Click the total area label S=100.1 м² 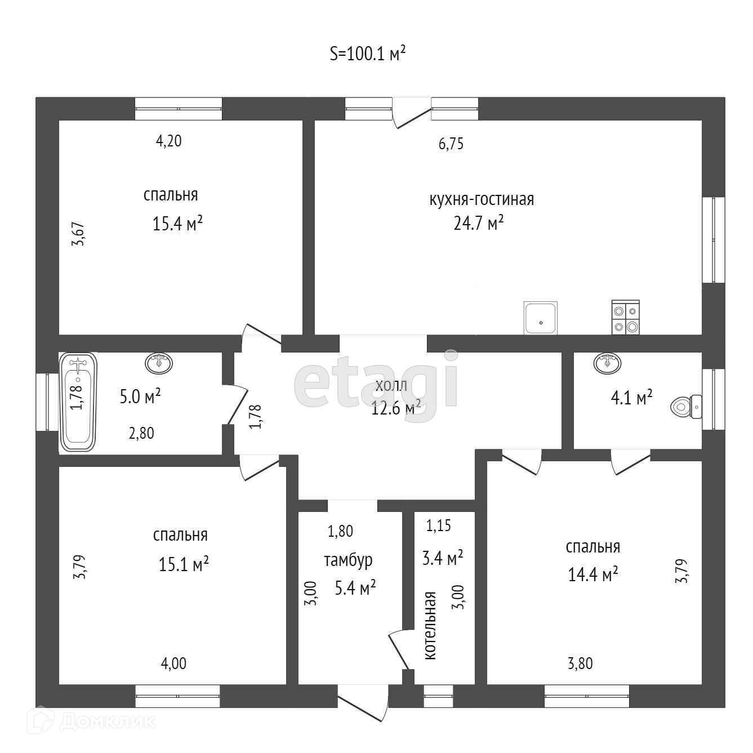tap(367, 54)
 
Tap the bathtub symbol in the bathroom tap(78, 402)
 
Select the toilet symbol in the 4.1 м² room tap(686, 407)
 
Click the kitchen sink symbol tap(541, 318)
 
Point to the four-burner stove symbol tap(626, 317)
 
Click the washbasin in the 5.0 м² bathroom tap(159, 363)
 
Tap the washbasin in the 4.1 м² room tap(607, 363)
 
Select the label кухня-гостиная tap(482, 199)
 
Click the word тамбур tap(348, 560)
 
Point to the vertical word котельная tap(430, 626)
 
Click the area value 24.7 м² tap(478, 223)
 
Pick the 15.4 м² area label tap(177, 224)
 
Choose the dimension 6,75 tap(451, 144)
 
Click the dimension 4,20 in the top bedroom tap(169, 141)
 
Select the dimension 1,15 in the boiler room tap(438, 525)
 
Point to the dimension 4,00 tap(173, 663)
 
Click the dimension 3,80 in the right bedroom tap(580, 663)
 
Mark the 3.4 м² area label tap(443, 558)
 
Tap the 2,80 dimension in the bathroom tap(141, 433)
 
